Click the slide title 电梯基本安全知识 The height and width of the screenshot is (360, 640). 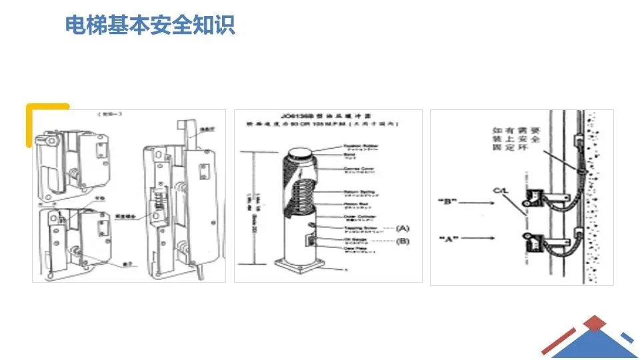click(x=150, y=25)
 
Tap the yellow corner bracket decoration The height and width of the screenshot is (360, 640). click(x=40, y=113)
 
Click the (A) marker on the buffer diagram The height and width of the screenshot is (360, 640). click(x=403, y=228)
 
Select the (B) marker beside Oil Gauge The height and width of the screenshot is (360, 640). click(x=403, y=241)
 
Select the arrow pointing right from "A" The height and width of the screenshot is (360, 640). click(x=486, y=237)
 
